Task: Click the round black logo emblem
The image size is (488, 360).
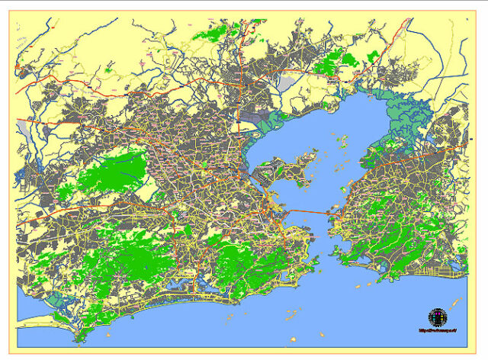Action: tap(437, 317)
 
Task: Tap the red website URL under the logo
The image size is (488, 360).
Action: tap(437, 331)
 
